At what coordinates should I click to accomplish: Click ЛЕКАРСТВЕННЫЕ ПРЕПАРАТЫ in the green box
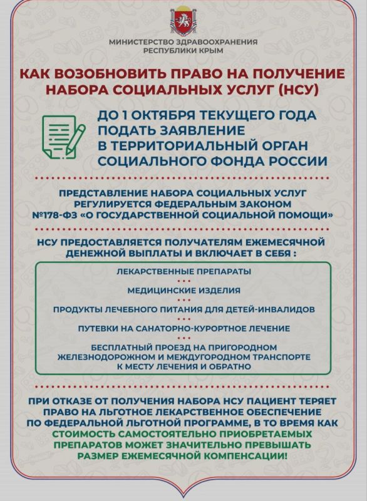tap(183, 271)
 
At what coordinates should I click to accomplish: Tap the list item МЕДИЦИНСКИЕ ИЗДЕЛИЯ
tap(183, 290)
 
